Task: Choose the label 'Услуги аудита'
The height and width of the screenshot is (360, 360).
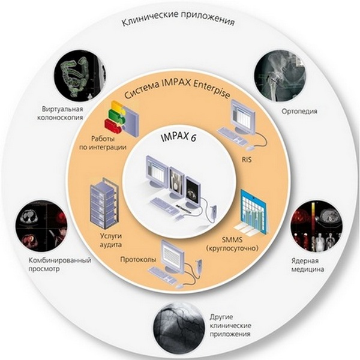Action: pos(109,232)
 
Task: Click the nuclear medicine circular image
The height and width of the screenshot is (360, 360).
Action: pos(315,229)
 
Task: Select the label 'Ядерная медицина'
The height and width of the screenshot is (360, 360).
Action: pos(310,266)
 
